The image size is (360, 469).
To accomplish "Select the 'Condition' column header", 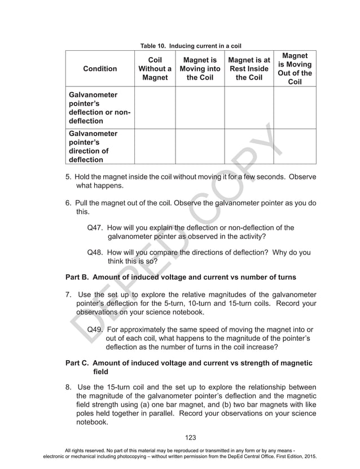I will [100, 69].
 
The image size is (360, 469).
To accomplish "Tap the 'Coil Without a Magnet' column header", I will [155, 68].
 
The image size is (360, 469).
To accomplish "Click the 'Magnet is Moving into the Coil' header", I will [200, 68].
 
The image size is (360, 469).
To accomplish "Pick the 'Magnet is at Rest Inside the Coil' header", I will [249, 68].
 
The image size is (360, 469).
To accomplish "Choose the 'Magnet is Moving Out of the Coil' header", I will [295, 69].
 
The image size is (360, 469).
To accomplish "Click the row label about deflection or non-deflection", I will [99, 107].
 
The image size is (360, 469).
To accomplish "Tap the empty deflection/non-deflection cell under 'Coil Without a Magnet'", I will [155, 107].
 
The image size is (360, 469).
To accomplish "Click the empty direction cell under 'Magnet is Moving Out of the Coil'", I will [295, 147].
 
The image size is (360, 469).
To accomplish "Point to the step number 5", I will [68, 177].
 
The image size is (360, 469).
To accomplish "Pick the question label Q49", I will [96, 329].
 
